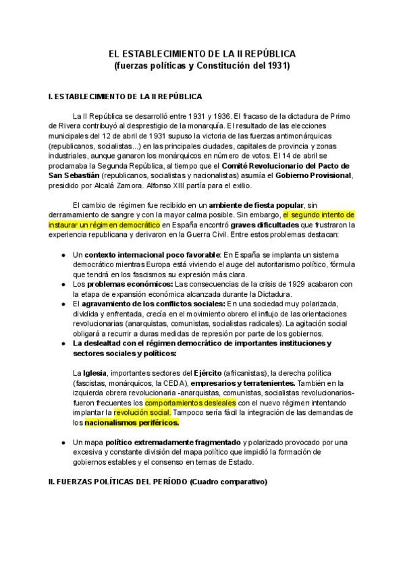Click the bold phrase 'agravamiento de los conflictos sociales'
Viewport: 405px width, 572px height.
coord(152,304)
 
